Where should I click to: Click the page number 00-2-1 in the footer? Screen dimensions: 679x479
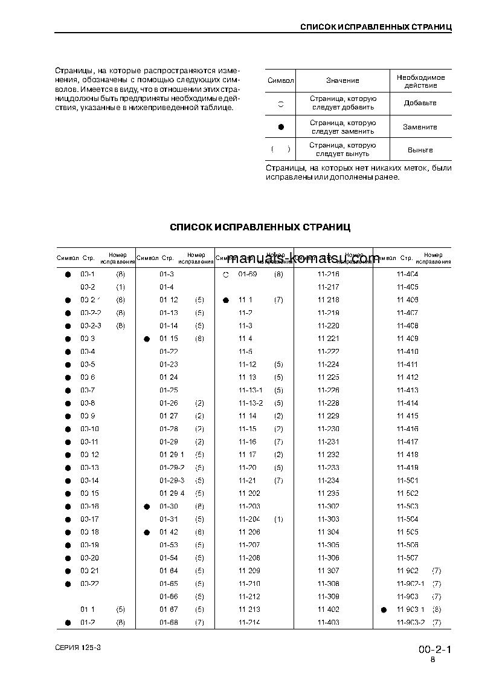pos(435,650)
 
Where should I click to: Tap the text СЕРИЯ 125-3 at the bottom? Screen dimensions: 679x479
pos(77,648)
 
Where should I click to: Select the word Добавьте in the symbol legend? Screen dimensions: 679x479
pos(420,103)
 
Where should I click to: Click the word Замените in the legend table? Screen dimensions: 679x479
pos(420,127)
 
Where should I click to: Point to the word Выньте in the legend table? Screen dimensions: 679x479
pos(420,150)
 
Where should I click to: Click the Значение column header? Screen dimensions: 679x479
pos(342,81)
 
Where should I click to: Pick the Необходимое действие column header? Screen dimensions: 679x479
pos(420,81)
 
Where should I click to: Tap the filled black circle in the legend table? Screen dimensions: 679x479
pos(281,127)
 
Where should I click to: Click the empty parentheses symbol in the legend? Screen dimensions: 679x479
pos(281,149)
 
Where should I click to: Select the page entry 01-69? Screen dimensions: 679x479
pos(248,275)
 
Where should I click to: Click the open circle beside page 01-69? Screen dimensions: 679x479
pos(225,275)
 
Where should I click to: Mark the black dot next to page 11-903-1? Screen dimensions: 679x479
pos(384,610)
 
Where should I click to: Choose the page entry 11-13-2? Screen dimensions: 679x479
pos(251,403)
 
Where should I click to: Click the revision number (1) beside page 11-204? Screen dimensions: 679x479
pos(278,519)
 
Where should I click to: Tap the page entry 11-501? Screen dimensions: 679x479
pos(407,481)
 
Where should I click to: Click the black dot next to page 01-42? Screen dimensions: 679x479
pos(146,533)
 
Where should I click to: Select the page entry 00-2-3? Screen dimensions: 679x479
pos(91,326)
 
